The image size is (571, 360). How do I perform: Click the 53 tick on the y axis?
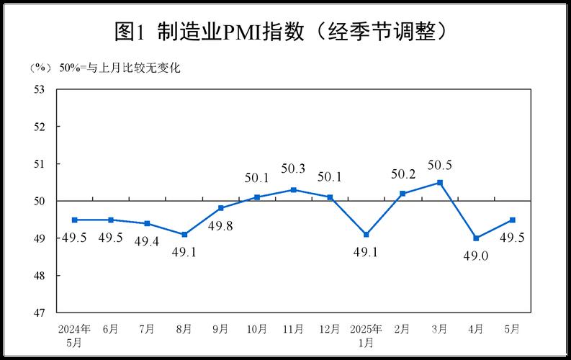40,89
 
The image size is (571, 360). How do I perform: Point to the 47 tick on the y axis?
40,313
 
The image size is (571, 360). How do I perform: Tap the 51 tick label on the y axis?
40,164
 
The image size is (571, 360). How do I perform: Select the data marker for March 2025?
439,182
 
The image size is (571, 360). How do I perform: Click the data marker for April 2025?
476,238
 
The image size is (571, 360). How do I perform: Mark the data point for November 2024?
293,189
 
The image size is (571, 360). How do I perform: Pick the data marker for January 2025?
367,234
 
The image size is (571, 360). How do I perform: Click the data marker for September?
220,208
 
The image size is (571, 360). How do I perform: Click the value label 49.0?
476,255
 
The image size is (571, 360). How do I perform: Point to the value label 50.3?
293,169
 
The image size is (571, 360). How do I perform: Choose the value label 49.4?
147,240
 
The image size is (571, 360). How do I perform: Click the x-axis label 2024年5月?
74,335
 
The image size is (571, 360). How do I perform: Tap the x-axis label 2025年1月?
367,335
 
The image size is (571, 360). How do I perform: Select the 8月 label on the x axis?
184,329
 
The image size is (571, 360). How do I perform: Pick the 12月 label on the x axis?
329,329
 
